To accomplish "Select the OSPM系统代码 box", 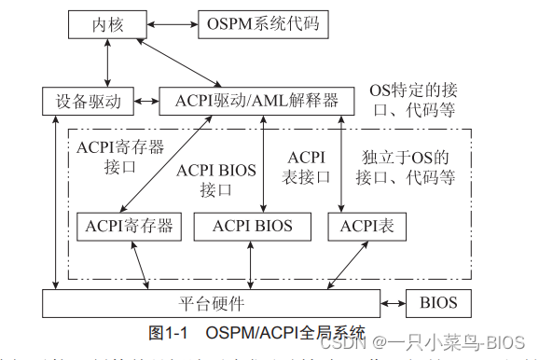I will (x=263, y=23).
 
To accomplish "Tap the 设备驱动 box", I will (x=88, y=100).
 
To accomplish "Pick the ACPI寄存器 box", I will (x=130, y=226).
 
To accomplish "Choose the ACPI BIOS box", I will (x=252, y=226).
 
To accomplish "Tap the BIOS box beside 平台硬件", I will (x=438, y=304).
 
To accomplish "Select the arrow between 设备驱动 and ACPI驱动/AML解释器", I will (x=146, y=100).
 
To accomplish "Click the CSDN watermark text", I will (x=438, y=342).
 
